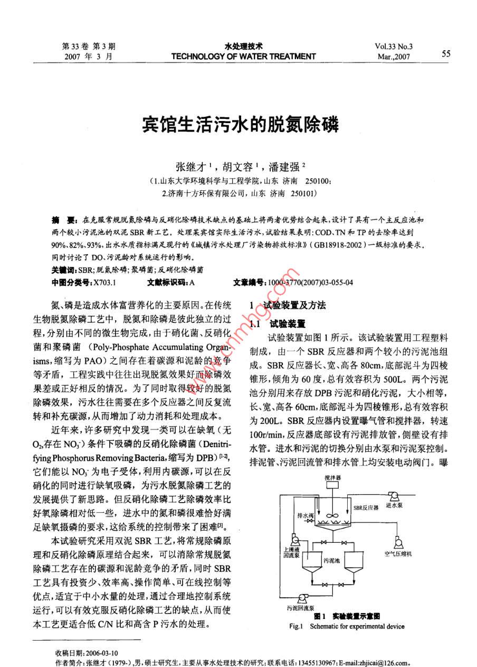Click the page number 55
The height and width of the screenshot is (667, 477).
coord(446,53)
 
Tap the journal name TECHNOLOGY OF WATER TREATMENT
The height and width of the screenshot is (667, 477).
coord(243,57)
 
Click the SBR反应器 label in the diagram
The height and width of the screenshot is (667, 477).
coord(366,507)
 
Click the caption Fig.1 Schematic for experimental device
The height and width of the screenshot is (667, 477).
coord(347,626)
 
